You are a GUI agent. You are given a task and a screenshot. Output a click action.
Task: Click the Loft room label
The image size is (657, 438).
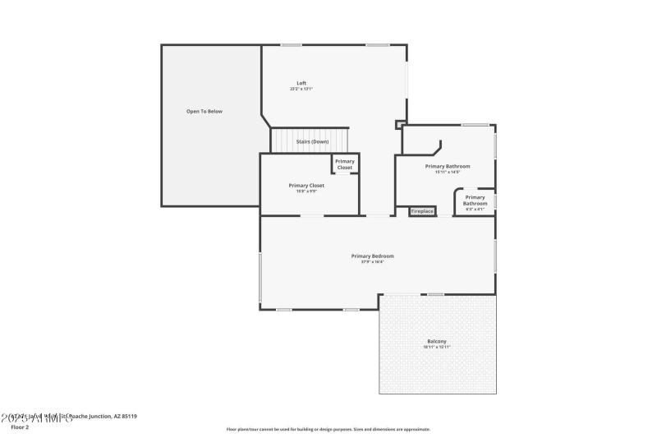coord(301,83)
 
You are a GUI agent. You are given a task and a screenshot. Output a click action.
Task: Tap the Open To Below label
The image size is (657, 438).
coord(204,111)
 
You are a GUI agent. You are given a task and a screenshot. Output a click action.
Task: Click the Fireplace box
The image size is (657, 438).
coord(422,211)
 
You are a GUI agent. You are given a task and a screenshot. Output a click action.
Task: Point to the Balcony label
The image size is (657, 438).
coord(436,341)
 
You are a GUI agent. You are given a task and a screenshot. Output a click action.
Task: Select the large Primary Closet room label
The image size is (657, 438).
coord(306,186)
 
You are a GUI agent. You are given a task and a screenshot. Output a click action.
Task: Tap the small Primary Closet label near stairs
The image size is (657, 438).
coord(345,164)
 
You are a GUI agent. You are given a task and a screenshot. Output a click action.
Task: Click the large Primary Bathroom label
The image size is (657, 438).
coord(448,166)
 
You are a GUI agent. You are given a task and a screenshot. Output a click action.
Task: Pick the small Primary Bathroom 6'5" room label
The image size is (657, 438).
coord(476,201)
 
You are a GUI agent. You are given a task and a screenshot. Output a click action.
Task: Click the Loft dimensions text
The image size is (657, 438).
coord(301,89)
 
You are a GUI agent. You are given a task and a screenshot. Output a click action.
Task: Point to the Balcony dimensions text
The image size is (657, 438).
coord(436,347)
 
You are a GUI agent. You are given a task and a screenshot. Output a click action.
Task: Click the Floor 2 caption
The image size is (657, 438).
coord(20,427)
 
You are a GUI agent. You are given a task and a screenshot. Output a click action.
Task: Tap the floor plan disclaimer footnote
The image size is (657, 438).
coord(328,429)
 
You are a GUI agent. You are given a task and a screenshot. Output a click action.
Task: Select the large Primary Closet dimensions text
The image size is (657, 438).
coord(306,191)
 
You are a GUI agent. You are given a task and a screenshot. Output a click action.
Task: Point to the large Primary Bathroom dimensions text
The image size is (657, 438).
coord(448,172)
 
